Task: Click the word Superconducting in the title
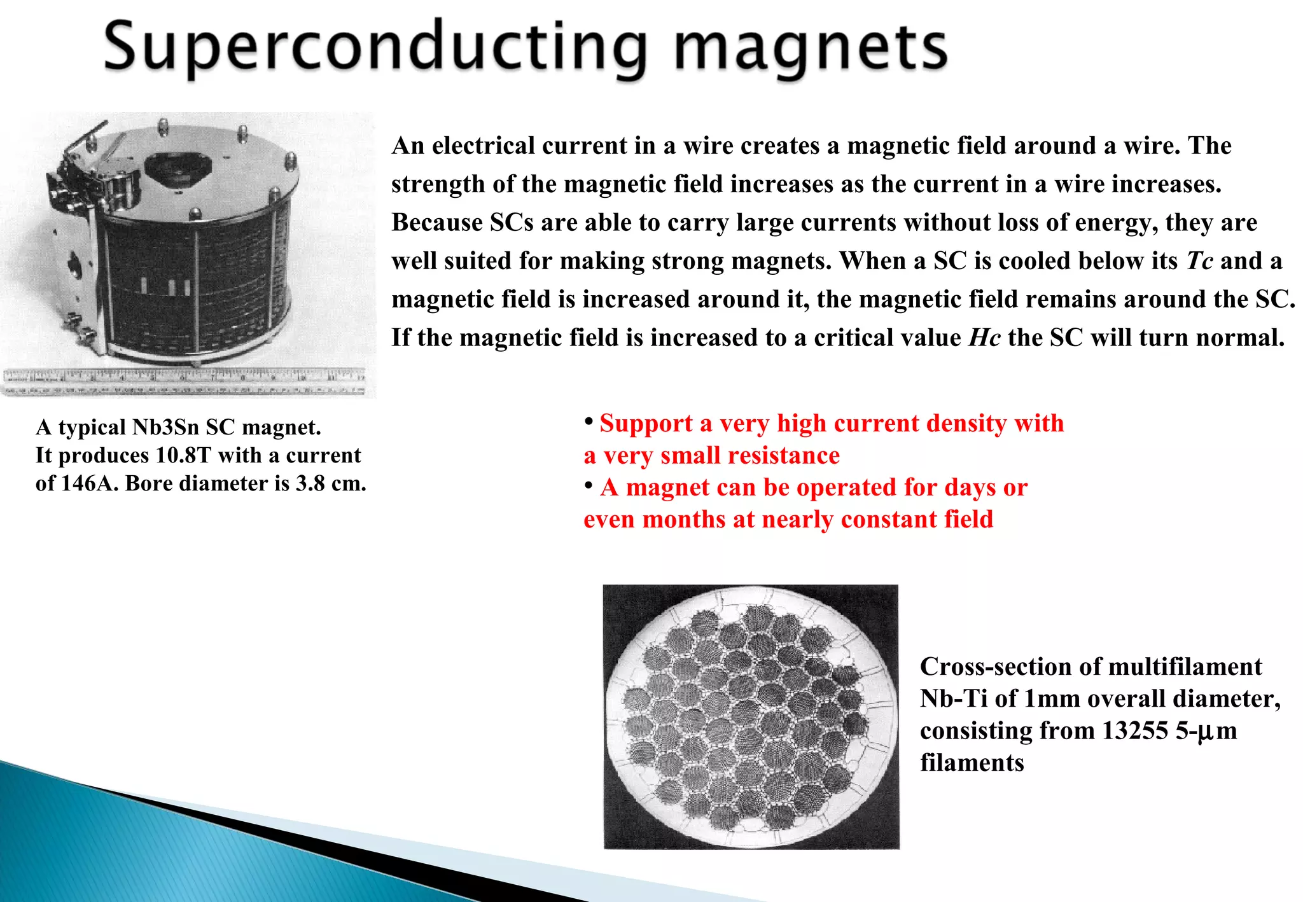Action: pyautogui.click(x=375, y=48)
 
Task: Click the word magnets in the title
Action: pyautogui.click(x=811, y=48)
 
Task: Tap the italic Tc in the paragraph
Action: pyautogui.click(x=1200, y=261)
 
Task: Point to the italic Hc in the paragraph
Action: pyautogui.click(x=984, y=338)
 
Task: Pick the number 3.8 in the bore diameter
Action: pyautogui.click(x=310, y=483)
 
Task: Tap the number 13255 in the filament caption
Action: pyautogui.click(x=1135, y=730)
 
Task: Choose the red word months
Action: pyautogui.click(x=684, y=520)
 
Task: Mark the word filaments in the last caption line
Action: pyautogui.click(x=972, y=763)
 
